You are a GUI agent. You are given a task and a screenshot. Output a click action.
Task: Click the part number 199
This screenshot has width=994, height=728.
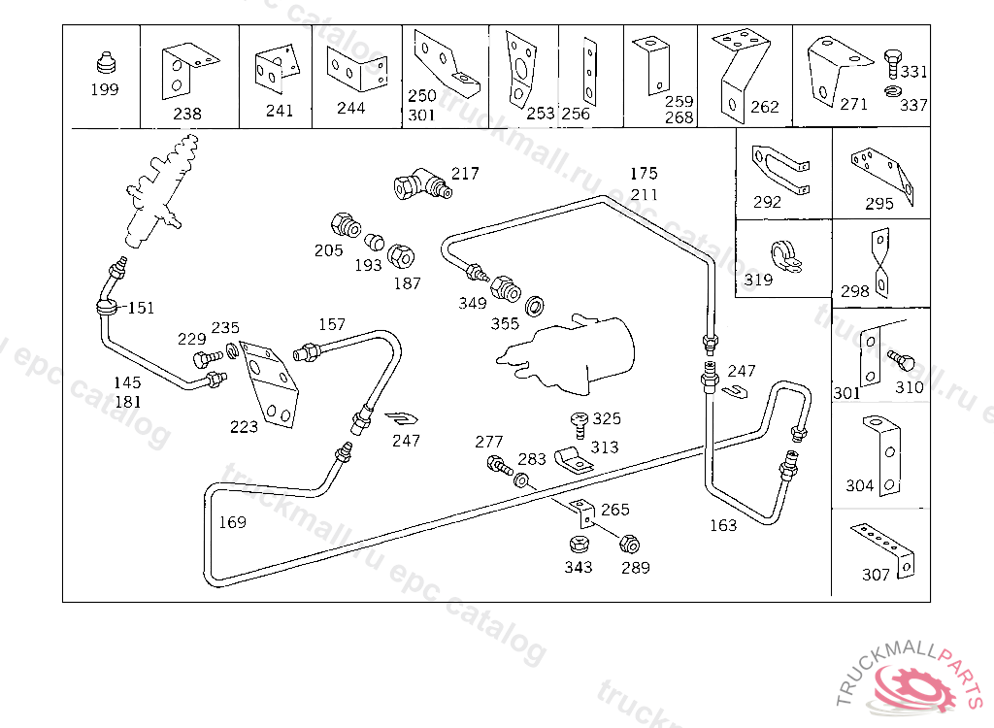coord(104,89)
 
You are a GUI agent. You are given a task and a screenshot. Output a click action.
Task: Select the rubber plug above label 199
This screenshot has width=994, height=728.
coord(105,63)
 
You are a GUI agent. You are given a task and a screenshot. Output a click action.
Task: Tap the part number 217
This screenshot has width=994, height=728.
coord(465,174)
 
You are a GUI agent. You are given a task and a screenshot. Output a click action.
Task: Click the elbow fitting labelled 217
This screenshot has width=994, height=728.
coord(418,182)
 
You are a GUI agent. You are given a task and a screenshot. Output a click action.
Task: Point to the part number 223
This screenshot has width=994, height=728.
coord(245,426)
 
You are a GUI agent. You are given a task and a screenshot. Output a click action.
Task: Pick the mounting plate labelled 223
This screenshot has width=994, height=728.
coord(269,383)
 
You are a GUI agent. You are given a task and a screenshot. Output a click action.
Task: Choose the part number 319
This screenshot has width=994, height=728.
coord(758,281)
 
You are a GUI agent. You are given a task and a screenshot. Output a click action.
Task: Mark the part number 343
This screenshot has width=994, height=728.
coord(579,567)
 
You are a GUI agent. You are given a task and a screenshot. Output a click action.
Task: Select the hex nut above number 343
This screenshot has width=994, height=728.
coord(578,546)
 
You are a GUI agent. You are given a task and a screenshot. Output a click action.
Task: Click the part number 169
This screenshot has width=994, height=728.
coord(232,522)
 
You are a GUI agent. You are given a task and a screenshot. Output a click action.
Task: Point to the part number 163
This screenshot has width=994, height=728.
coord(723,525)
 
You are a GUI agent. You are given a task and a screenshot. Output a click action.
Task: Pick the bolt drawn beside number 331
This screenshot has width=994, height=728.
coord(892,62)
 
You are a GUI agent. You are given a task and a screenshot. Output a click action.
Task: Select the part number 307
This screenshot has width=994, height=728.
coord(876,575)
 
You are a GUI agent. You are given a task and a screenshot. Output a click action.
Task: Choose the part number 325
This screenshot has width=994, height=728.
coord(607,418)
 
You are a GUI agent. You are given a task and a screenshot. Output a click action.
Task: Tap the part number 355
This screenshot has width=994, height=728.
coord(505,323)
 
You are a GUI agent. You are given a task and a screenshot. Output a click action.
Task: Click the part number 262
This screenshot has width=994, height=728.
coord(765,107)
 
